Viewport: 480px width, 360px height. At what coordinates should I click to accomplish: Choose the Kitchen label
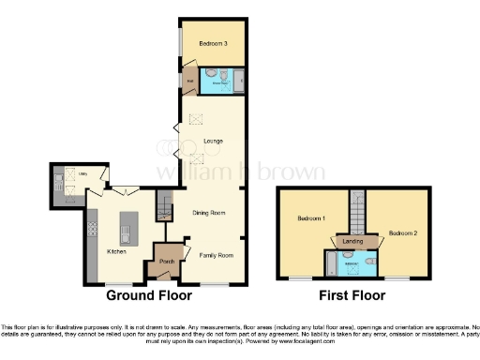[116, 251]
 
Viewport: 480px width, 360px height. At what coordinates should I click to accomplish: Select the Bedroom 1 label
[310, 218]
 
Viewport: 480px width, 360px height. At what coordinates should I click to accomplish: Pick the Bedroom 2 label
[402, 232]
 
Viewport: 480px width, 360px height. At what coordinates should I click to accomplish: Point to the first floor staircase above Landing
[355, 211]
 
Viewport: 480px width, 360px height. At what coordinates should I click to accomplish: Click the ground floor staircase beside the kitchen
[165, 204]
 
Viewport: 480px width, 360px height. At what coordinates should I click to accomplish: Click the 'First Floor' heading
[352, 295]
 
